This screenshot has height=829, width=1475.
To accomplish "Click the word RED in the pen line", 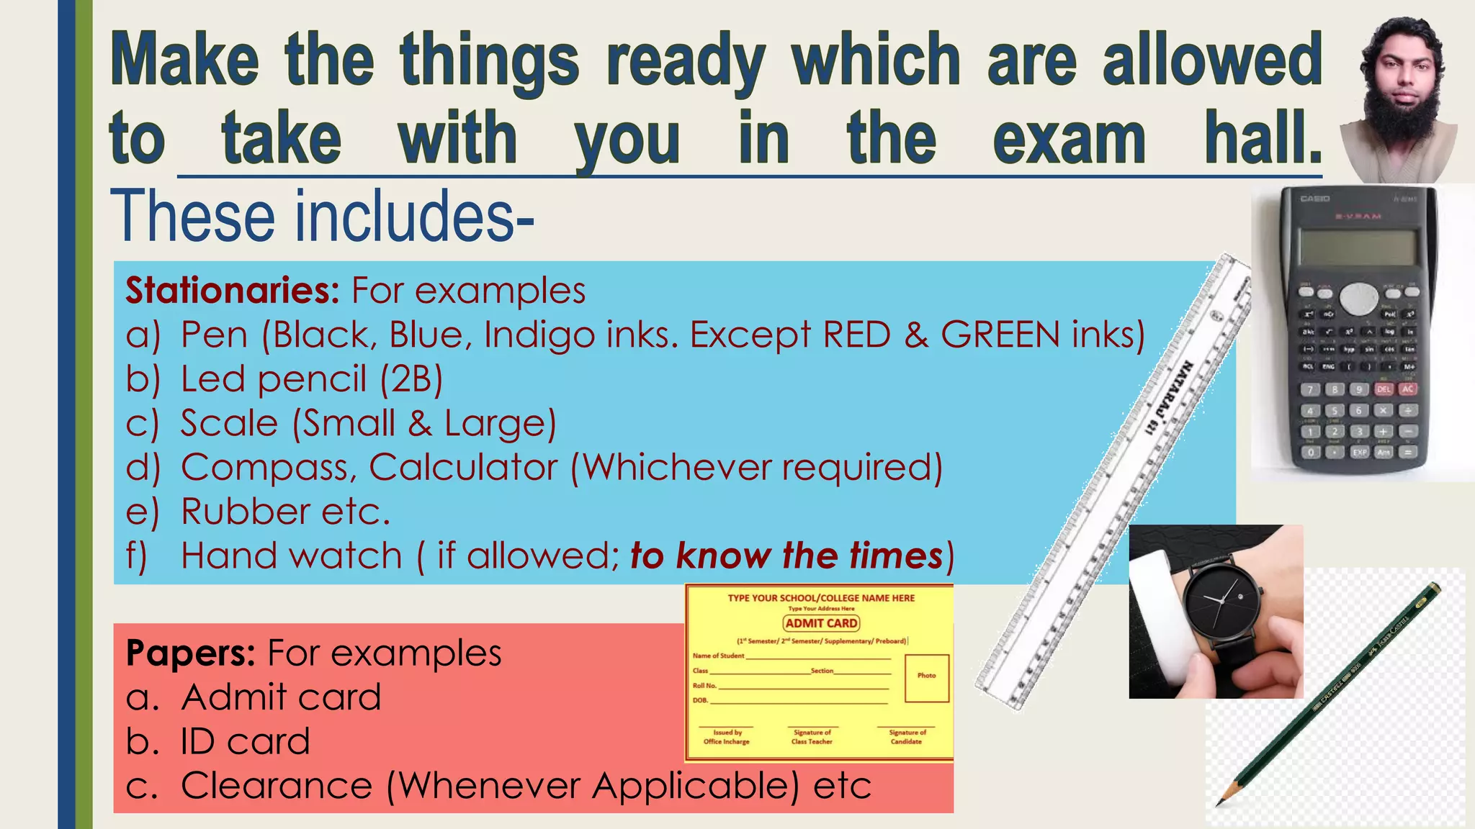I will click(x=856, y=335).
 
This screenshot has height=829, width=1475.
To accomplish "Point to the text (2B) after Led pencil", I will click(x=411, y=380).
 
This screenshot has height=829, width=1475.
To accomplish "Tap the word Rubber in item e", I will click(x=245, y=512).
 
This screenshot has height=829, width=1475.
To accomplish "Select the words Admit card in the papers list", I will click(x=281, y=697).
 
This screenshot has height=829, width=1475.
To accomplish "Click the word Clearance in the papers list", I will click(x=277, y=786).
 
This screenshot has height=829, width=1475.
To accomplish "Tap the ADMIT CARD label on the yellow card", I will click(x=821, y=623).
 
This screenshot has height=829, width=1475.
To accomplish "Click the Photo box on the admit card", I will click(x=927, y=676).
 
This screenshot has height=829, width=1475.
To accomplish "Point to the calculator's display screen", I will click(x=1358, y=247).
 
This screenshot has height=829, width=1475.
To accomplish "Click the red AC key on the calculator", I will click(x=1408, y=389).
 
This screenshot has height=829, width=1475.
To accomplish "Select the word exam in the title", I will click(x=1069, y=139).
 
